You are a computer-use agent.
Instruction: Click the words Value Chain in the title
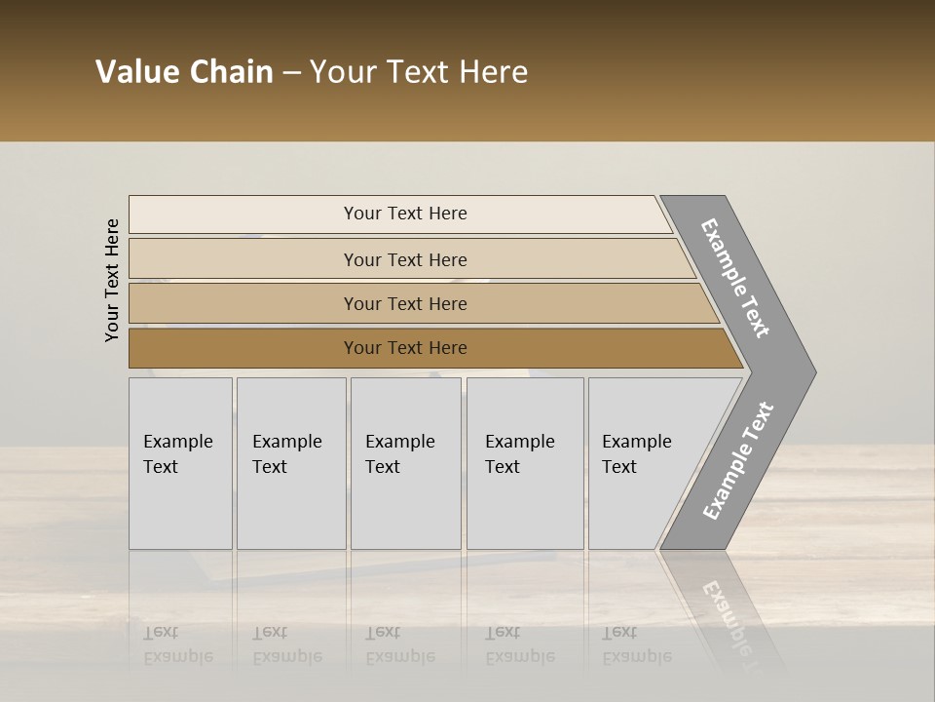[184, 72]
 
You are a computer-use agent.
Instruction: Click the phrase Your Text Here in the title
[419, 72]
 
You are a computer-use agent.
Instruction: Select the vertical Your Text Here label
[112, 280]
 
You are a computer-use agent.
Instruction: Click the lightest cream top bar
[404, 214]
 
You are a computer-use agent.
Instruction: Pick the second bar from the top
[404, 259]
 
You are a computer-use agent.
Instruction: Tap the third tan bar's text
[404, 304]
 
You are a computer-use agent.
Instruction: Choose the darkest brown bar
[404, 348]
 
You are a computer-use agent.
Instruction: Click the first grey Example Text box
[180, 462]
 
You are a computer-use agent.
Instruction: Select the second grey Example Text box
[290, 462]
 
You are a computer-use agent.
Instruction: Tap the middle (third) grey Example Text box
[405, 462]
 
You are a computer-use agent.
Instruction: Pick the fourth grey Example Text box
[524, 462]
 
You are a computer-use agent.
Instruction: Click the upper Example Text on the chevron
[735, 279]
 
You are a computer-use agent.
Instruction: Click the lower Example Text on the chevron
[737, 461]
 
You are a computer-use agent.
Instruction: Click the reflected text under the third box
[398, 644]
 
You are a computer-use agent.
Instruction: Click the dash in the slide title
[291, 72]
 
